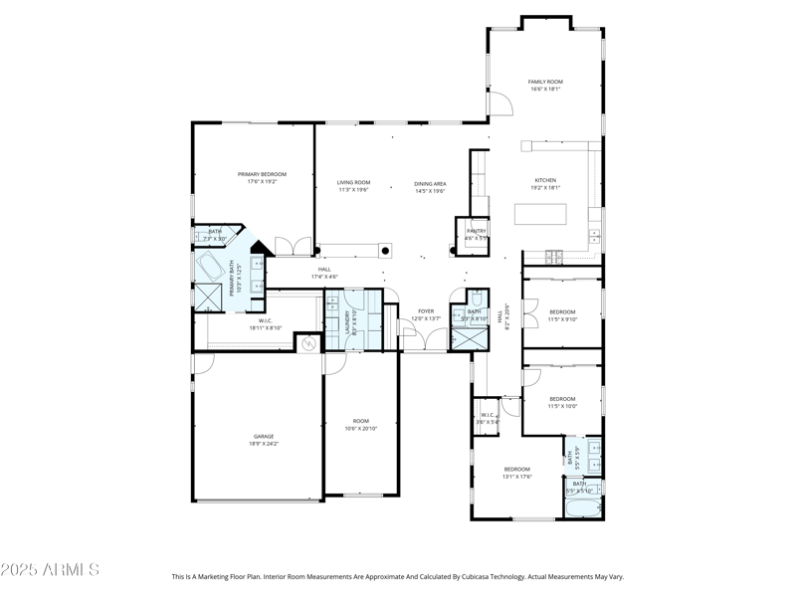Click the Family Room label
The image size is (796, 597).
click(545, 82)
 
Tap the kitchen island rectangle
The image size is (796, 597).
click(540, 215)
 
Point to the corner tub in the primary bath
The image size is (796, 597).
click(211, 266)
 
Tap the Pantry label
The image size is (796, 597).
click(477, 231)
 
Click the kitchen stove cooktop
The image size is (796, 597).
click(552, 256)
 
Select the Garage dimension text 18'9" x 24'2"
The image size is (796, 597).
click(264, 444)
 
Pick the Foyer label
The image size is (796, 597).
click(426, 311)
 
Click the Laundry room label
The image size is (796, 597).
click(347, 320)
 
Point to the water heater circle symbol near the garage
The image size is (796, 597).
click(308, 343)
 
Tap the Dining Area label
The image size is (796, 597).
click(430, 184)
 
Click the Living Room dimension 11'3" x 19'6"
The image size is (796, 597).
click(353, 190)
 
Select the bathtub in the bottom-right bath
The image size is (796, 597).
click(583, 508)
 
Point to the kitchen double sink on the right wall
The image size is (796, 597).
click(596, 236)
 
